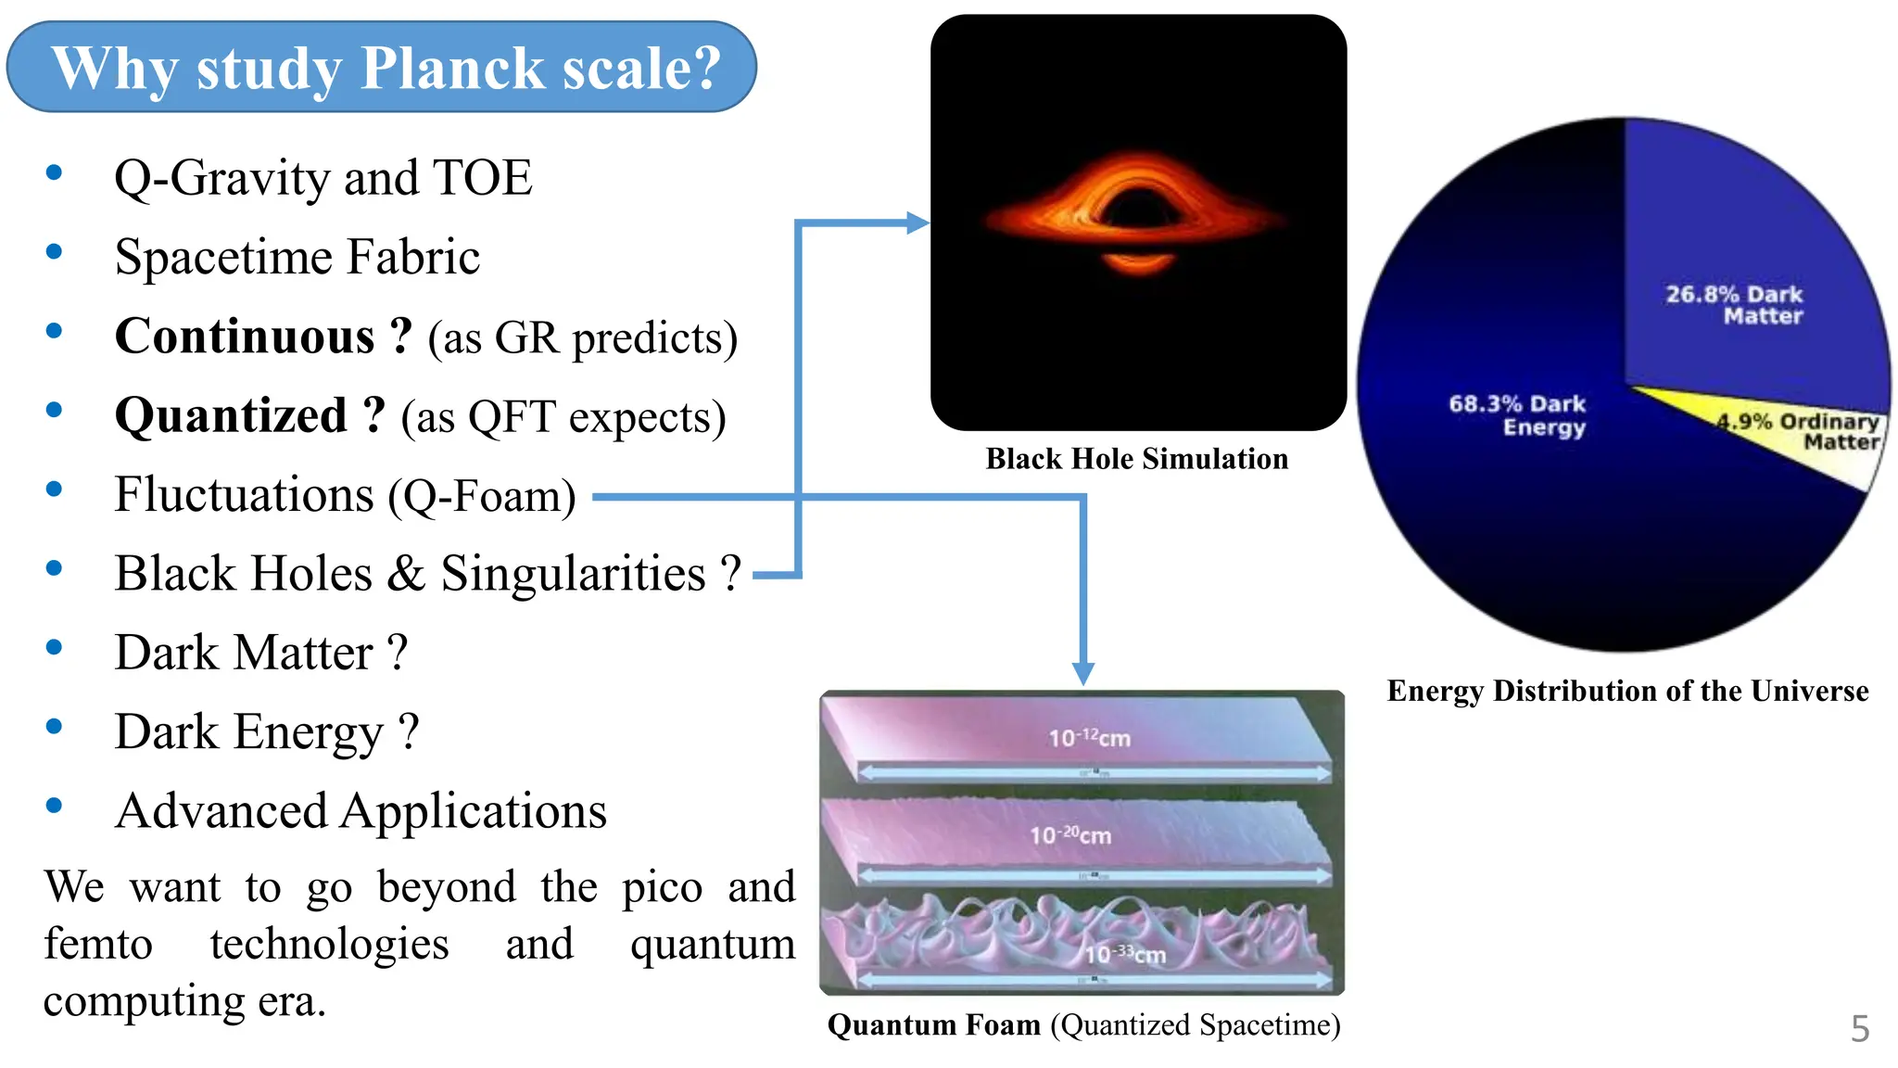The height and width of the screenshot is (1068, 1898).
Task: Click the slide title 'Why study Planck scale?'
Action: coord(385,68)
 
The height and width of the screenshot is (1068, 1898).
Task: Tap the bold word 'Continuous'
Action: coord(245,337)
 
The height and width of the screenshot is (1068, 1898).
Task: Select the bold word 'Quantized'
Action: coord(231,416)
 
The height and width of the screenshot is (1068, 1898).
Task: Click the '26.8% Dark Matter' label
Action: coord(1735,305)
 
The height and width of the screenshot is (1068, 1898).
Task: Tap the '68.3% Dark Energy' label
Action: coord(1518,415)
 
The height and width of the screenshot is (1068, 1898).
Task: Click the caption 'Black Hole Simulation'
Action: coord(1136,459)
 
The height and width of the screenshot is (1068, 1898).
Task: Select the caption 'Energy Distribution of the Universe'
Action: coord(1627,691)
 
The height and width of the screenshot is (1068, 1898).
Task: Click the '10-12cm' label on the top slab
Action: coord(1089,738)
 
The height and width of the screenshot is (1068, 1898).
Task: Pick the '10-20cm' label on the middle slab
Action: coord(1070,834)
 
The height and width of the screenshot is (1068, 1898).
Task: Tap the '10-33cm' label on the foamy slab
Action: coord(1125,954)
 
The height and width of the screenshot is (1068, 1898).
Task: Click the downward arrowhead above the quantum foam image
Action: coord(1082,673)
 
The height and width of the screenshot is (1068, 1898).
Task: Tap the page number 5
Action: coord(1859,1029)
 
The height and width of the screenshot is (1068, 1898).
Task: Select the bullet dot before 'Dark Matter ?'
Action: coord(54,648)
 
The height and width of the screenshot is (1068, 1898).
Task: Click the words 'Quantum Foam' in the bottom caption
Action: coord(933,1025)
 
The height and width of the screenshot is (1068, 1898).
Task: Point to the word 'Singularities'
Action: coord(573,574)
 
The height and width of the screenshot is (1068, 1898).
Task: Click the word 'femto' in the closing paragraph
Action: coord(98,945)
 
